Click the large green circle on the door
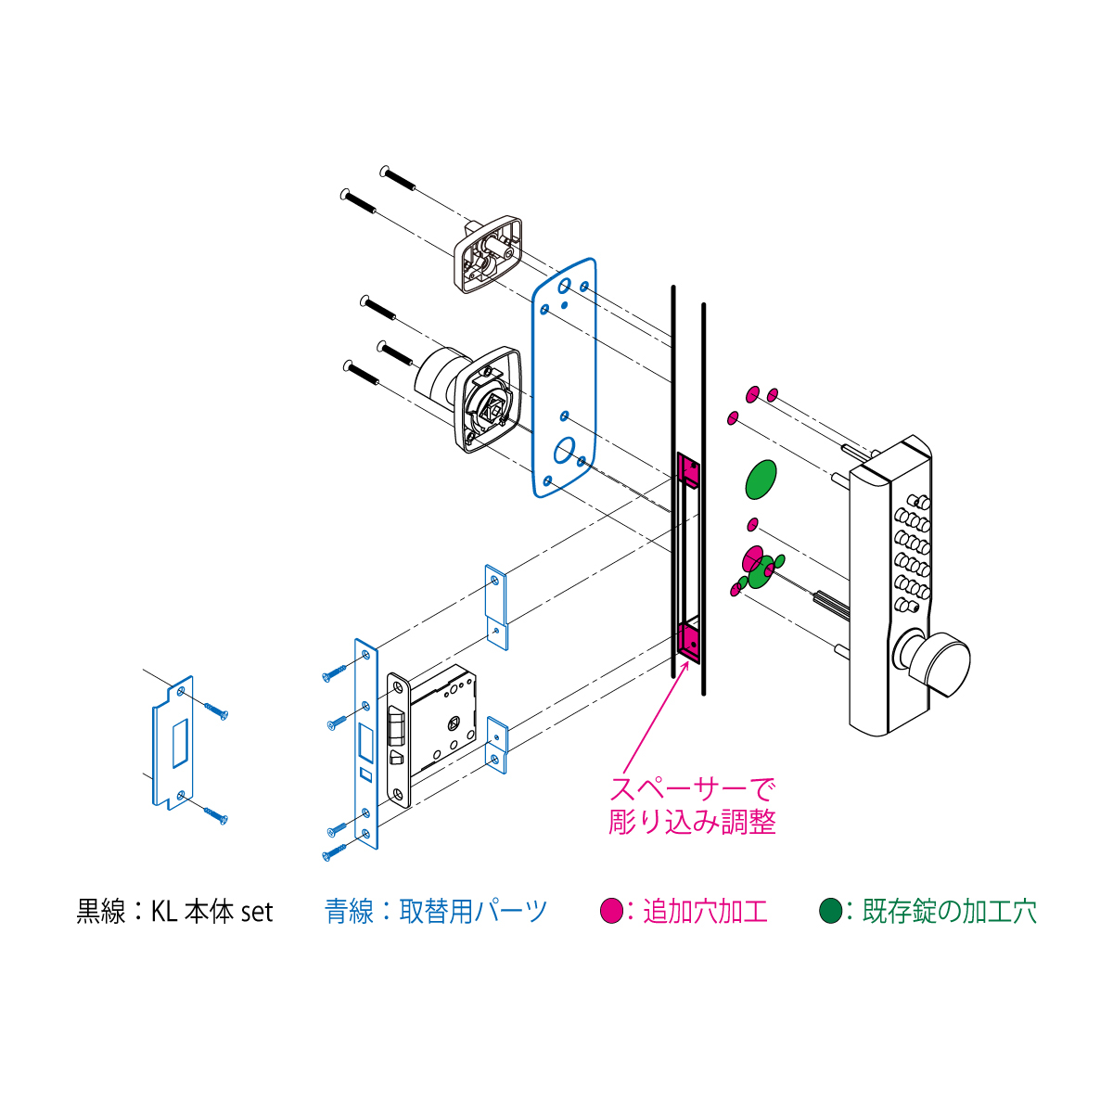[x=761, y=480]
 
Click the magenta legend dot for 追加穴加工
[x=611, y=911]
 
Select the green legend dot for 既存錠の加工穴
[x=830, y=911]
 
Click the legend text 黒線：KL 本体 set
[x=174, y=912]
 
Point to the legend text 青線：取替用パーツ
[x=436, y=912]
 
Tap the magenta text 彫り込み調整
[x=692, y=822]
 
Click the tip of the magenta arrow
[x=688, y=662]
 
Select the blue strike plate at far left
[x=173, y=743]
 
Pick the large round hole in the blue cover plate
[x=564, y=451]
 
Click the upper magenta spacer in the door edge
[x=688, y=469]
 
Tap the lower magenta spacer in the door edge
[x=688, y=643]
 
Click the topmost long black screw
[x=398, y=178]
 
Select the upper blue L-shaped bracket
[x=496, y=607]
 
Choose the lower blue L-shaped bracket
[x=497, y=745]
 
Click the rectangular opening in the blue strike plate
[x=181, y=743]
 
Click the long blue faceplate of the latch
[x=365, y=744]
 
